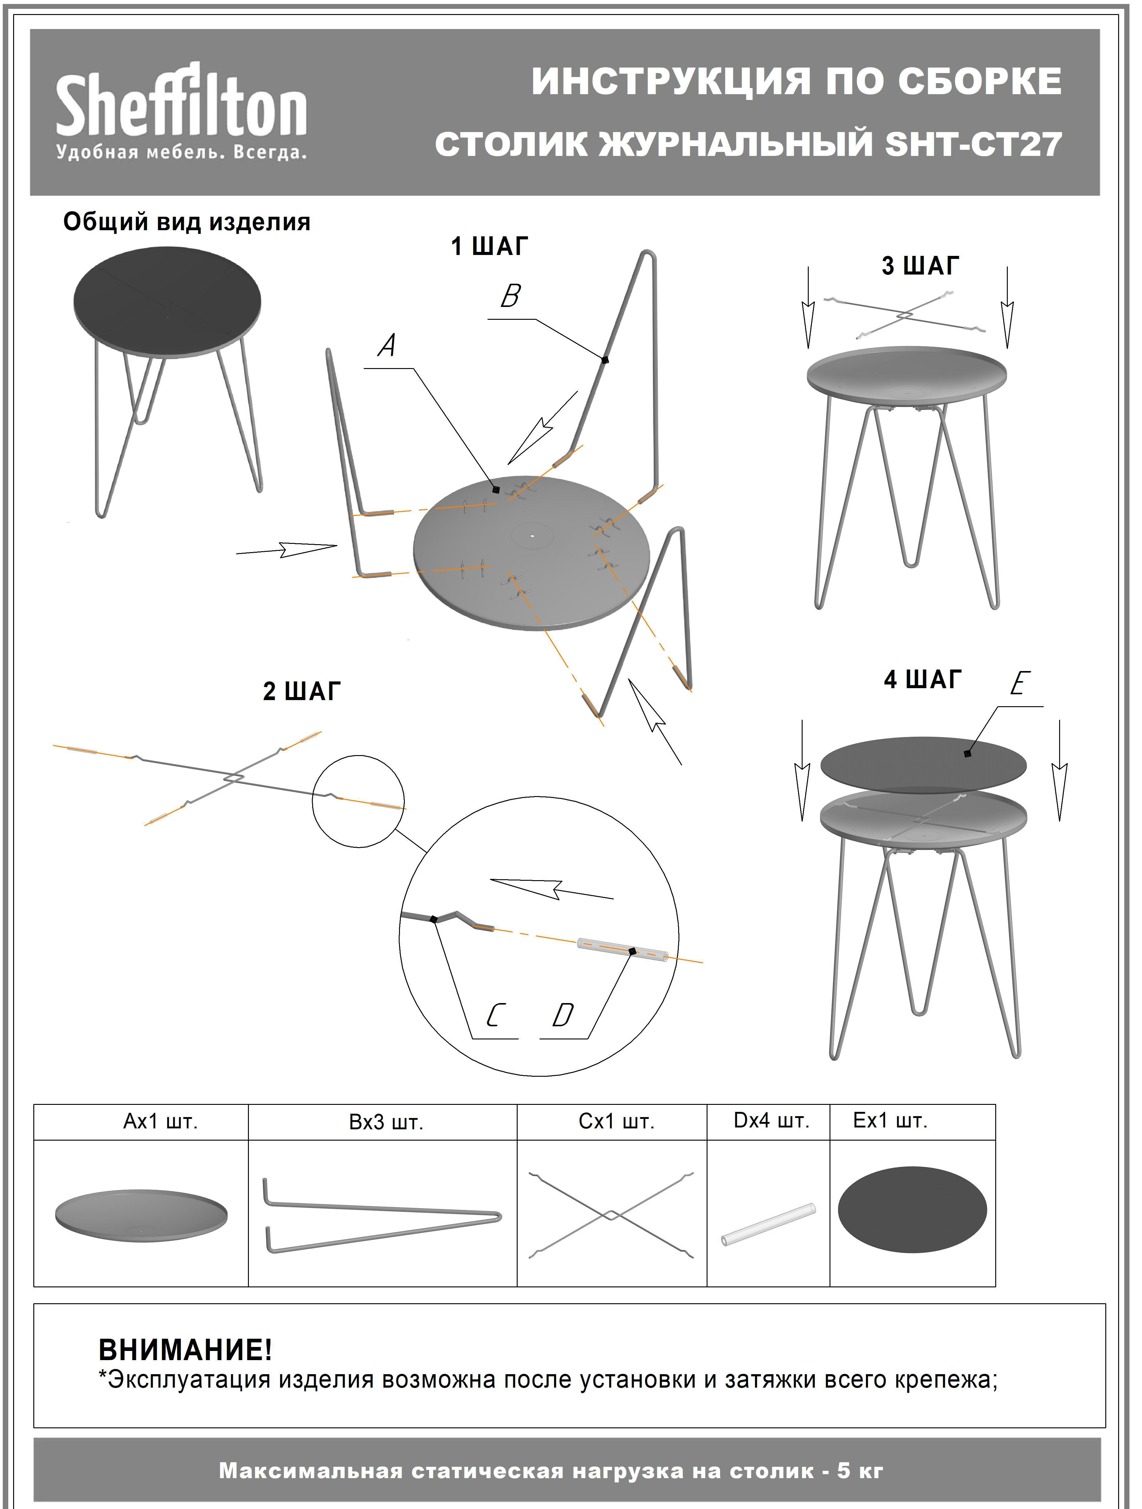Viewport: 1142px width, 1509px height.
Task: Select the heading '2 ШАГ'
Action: tap(301, 691)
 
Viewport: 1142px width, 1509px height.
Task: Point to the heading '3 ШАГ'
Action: tap(920, 265)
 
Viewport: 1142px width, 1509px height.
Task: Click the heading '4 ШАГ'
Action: tap(922, 680)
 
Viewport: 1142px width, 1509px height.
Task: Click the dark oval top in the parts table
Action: tap(912, 1210)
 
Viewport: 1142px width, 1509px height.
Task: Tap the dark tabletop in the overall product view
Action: tap(167, 301)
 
